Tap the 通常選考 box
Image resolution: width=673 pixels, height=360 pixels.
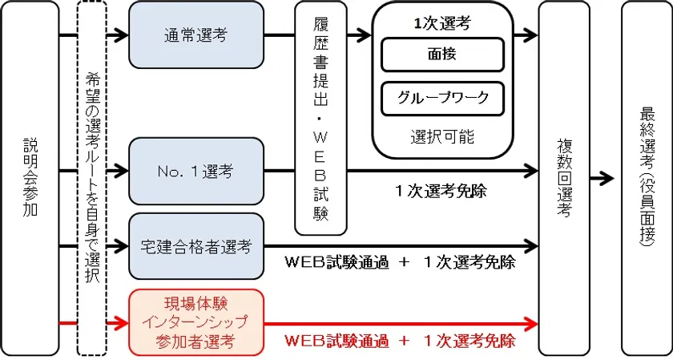(x=195, y=35)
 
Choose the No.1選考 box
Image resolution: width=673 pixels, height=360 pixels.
(x=195, y=170)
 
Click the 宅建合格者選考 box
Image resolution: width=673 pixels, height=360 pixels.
(x=195, y=245)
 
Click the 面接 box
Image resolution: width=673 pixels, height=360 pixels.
(x=442, y=55)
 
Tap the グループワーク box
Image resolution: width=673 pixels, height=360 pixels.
(x=442, y=99)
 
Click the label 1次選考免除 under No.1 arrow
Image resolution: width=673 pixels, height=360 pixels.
(x=441, y=192)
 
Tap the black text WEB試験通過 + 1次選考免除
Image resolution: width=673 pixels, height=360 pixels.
(x=400, y=262)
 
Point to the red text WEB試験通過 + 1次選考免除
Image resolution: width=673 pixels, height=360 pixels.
(x=400, y=339)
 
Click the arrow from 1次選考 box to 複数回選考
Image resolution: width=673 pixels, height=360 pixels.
(x=526, y=35)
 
